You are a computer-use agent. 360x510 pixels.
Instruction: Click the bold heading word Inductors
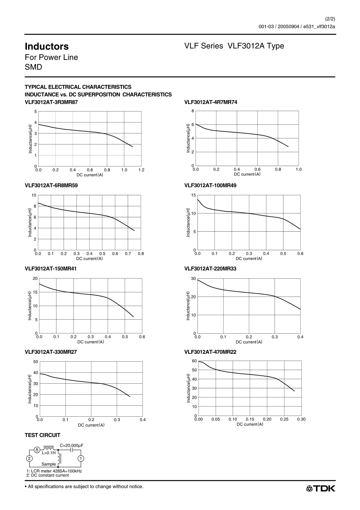point(47,47)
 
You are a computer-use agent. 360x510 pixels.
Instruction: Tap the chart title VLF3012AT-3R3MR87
point(51,102)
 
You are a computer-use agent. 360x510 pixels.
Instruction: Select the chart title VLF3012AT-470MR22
point(210,352)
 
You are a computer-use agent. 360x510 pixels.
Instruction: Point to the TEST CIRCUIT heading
point(42,435)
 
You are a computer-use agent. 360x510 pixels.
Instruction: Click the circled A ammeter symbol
point(37,450)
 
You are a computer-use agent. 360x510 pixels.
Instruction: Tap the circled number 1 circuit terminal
point(81,458)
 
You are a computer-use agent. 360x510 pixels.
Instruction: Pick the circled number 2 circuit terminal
point(29,458)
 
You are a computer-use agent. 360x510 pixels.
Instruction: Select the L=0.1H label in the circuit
point(49,453)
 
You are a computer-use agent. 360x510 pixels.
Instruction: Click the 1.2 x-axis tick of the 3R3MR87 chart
point(141,170)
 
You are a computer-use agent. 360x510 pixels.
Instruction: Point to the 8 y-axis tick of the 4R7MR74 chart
point(193,111)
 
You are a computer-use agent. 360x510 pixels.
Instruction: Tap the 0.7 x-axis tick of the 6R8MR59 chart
point(128,253)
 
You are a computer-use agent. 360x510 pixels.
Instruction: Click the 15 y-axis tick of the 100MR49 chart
point(193,195)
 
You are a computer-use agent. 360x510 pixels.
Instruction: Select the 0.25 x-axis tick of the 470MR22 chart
point(284,419)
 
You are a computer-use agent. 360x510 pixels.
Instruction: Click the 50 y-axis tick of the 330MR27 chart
point(36,362)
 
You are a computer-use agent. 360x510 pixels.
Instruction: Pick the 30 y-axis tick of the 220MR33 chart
point(193,279)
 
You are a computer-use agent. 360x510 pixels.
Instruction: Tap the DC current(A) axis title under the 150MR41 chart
point(91,342)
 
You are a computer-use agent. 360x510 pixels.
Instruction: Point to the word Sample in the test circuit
point(49,464)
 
